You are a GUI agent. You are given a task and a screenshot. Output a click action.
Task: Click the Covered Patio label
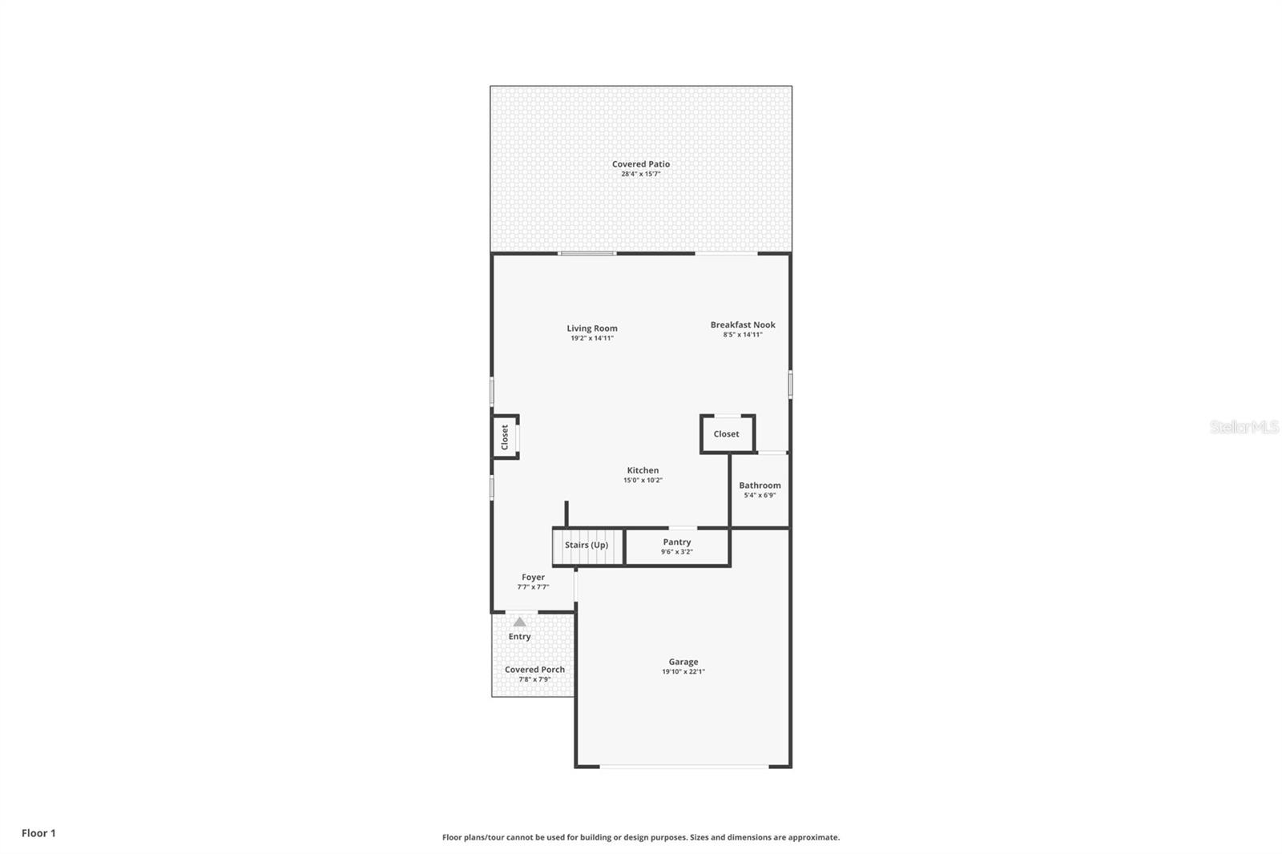tap(640, 164)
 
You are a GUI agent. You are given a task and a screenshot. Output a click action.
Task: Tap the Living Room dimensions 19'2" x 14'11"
tap(592, 338)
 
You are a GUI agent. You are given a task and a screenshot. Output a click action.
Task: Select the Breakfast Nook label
tap(743, 324)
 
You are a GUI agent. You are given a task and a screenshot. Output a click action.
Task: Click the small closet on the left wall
tap(505, 437)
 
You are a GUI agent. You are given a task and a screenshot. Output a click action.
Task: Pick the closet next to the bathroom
tap(727, 434)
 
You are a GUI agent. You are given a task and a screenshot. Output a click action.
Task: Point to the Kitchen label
tap(643, 470)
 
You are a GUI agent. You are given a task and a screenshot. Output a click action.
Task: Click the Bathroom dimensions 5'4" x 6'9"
tap(760, 495)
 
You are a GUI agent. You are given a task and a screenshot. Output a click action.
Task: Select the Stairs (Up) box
tap(587, 546)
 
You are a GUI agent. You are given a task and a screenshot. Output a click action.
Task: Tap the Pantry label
tap(677, 542)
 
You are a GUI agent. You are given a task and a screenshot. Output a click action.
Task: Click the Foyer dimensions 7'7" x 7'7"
tap(533, 586)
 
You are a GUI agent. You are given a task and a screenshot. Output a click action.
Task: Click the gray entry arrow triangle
tap(519, 622)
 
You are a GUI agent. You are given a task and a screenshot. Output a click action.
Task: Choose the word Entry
tap(519, 637)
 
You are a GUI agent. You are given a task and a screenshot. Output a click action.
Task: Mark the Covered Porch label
tap(534, 669)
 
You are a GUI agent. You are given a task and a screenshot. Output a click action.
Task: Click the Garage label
tap(683, 662)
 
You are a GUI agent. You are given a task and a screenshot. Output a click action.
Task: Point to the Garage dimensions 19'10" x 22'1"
tap(683, 671)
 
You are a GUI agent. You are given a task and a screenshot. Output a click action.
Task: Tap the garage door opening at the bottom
tap(683, 767)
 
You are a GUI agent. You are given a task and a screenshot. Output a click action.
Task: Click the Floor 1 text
tap(38, 833)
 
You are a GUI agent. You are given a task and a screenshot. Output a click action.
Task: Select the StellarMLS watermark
tap(1244, 427)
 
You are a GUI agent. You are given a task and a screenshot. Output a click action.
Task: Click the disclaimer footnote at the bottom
tap(641, 837)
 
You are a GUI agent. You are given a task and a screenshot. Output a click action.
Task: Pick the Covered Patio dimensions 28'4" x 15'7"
tap(640, 174)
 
